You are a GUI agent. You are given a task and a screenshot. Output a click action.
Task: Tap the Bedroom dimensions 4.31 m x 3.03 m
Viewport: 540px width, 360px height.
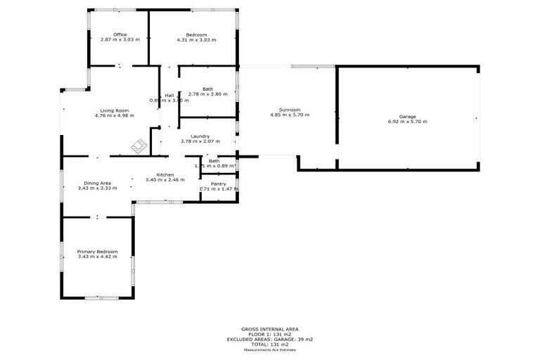click(x=196, y=40)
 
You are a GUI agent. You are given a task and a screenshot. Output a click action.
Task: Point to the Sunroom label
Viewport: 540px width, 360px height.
click(x=290, y=110)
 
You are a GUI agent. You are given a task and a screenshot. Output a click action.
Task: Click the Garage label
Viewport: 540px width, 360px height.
click(x=408, y=116)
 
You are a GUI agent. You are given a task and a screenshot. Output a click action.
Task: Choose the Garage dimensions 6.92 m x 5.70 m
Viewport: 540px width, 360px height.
click(x=408, y=122)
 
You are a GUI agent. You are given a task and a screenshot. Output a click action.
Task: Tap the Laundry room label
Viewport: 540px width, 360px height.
click(x=200, y=136)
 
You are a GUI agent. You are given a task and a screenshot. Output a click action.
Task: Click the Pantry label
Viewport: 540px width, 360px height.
click(x=218, y=184)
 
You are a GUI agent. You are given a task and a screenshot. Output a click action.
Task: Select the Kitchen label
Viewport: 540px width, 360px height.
click(x=165, y=174)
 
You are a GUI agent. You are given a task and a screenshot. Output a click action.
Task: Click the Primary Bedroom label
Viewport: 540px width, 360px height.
click(x=98, y=252)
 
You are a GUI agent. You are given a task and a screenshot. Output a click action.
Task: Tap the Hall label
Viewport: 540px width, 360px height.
click(x=169, y=96)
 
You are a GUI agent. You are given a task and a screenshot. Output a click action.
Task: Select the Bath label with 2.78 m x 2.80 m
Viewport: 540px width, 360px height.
click(x=207, y=89)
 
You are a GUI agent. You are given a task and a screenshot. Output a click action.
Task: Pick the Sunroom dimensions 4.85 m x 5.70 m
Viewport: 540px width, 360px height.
click(x=290, y=115)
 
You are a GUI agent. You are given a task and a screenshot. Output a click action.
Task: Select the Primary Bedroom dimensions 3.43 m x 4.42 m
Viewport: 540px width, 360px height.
click(x=98, y=257)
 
